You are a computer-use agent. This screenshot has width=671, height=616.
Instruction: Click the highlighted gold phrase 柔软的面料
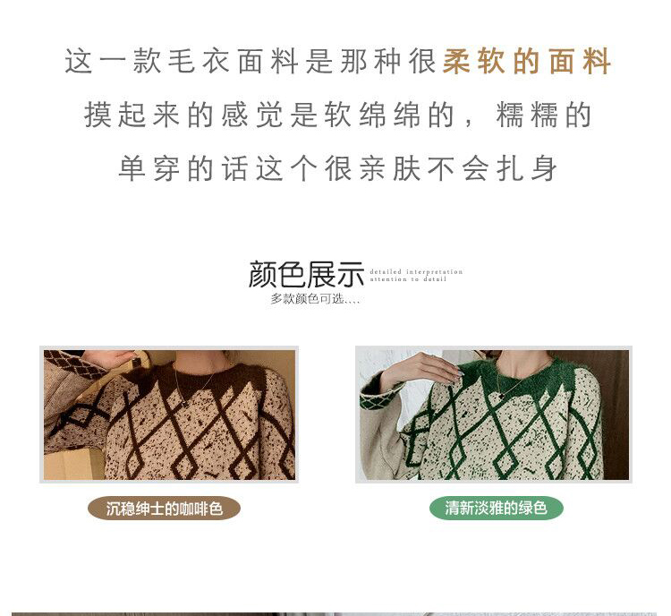(x=527, y=62)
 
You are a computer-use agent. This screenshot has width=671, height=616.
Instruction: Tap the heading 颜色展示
(x=306, y=275)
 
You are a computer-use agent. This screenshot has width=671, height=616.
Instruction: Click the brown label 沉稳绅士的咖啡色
(x=164, y=509)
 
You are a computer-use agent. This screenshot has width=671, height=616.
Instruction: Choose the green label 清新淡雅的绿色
(x=496, y=509)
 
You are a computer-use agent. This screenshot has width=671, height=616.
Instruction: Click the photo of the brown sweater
(x=169, y=414)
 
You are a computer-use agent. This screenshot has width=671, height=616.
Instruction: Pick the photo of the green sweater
(x=494, y=414)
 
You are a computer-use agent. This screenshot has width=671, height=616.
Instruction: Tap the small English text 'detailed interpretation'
(x=416, y=271)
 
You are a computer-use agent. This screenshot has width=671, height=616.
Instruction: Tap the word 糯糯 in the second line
(x=524, y=115)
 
